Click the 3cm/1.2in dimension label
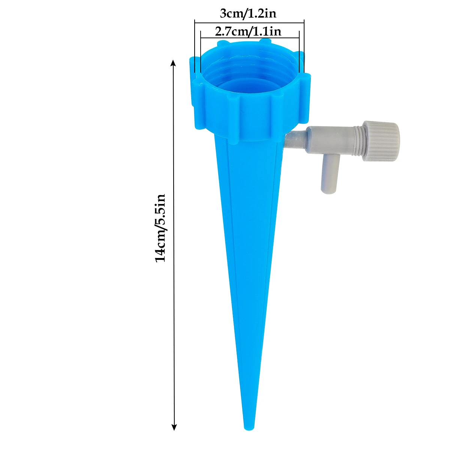pos(248,14)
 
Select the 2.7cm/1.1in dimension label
pos(248,31)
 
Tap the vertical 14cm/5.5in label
pos(160,228)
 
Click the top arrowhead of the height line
pos(173,62)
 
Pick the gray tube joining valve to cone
pos(295,140)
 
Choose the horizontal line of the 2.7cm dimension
pos(250,37)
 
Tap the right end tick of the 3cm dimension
pos(304,45)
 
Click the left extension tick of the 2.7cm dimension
pos(201,52)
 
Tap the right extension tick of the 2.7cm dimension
pos(299,52)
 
